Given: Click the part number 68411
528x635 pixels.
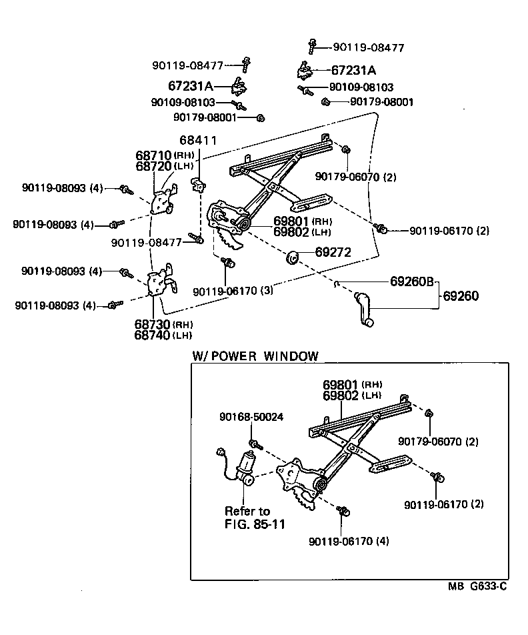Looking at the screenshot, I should (194, 140).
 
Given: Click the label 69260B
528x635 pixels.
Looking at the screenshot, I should (412, 281).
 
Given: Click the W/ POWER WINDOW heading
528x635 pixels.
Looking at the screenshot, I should (255, 356).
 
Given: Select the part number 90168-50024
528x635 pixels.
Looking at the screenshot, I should (251, 418).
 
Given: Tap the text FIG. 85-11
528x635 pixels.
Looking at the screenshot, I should (255, 524).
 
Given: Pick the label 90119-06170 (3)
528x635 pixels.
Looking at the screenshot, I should (233, 291).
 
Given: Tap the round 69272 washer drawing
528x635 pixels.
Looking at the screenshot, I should (291, 255).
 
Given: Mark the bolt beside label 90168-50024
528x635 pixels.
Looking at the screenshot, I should (255, 444).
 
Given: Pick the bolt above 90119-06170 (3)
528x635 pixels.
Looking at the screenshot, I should (228, 262).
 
